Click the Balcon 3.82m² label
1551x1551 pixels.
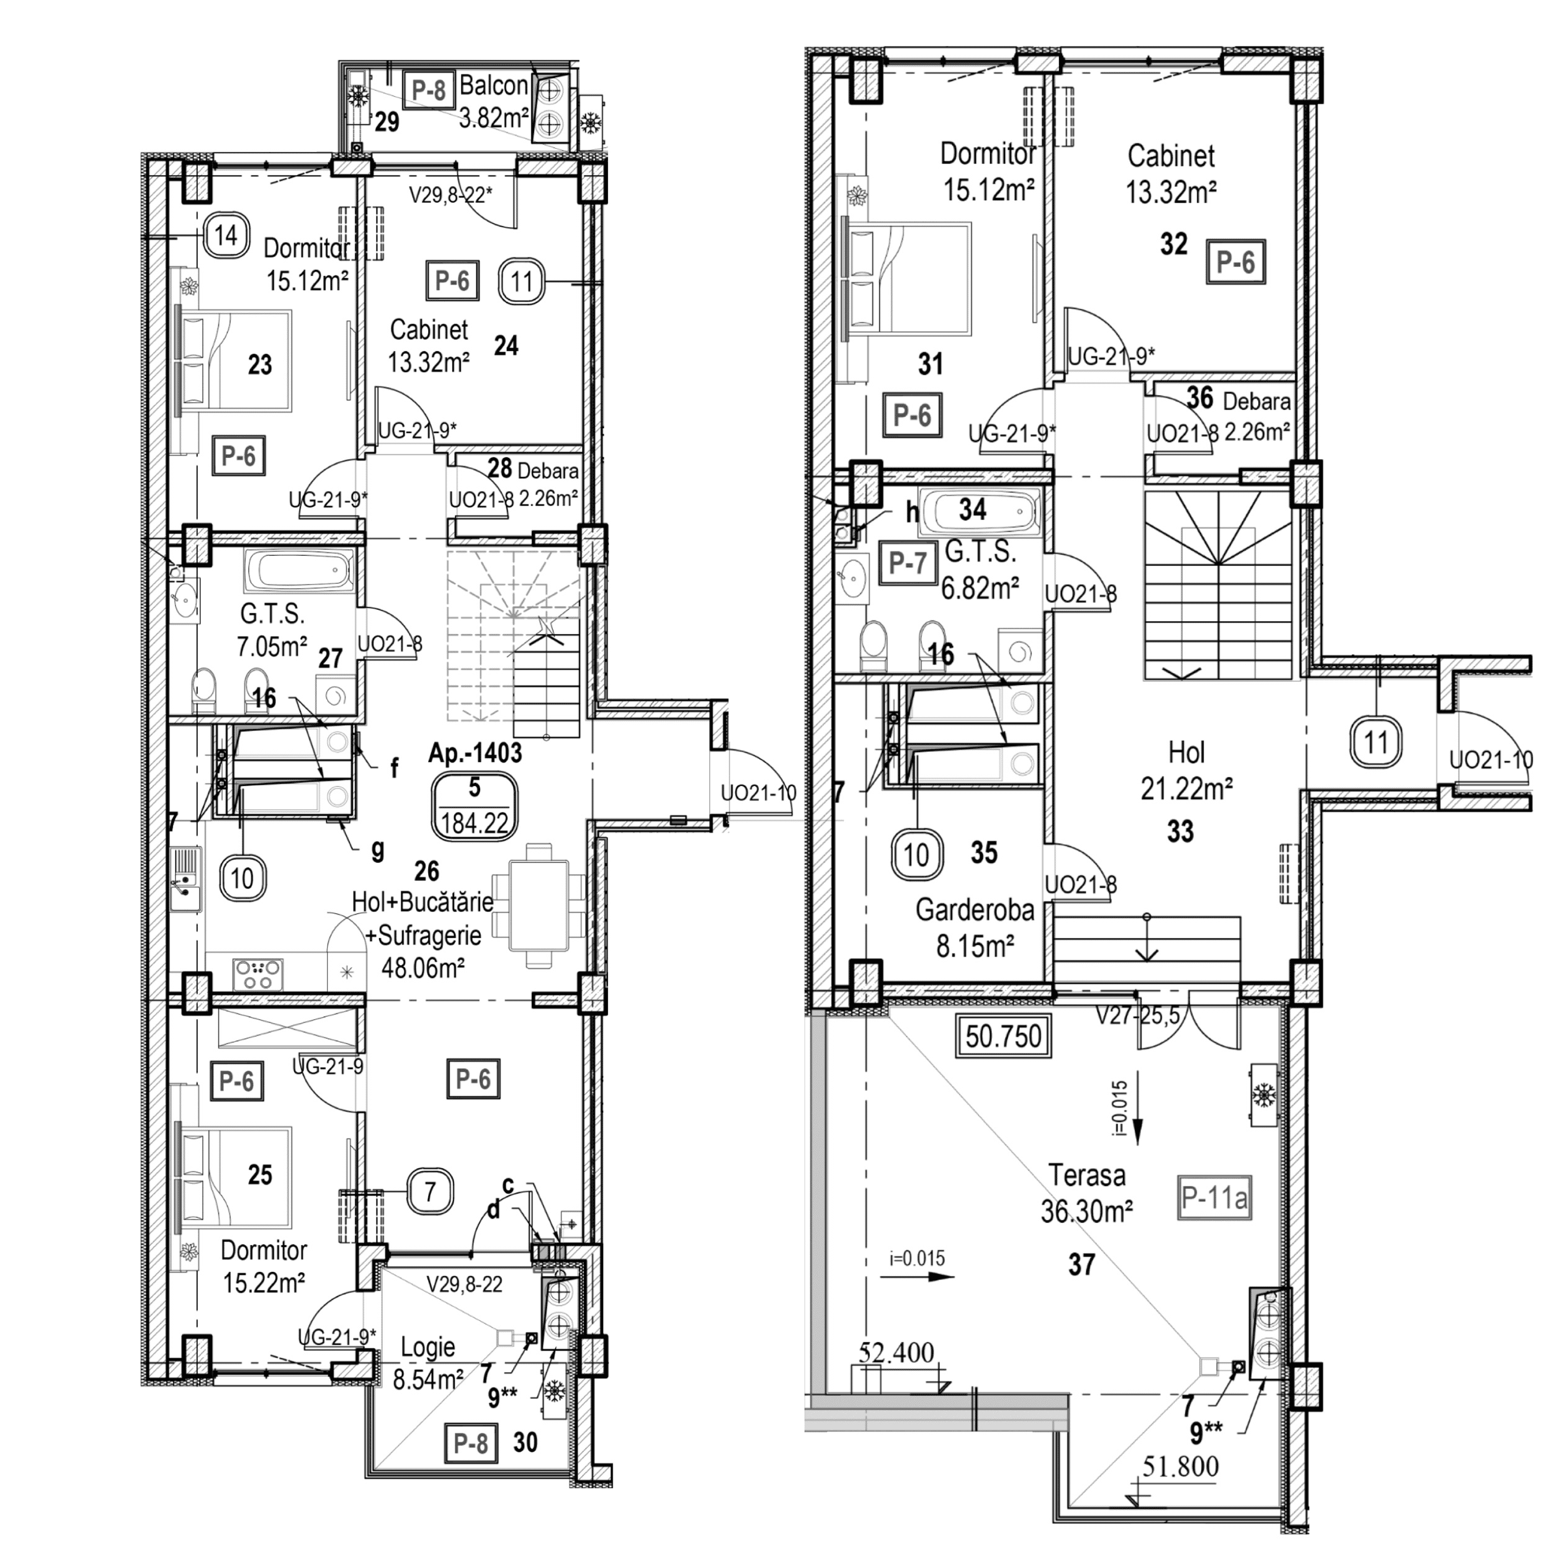click(x=493, y=102)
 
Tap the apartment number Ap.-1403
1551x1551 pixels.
click(x=475, y=753)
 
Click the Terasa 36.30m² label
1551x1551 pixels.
click(x=1087, y=1192)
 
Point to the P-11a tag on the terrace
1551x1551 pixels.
click(x=1215, y=1199)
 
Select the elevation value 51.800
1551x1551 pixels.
click(x=1179, y=1467)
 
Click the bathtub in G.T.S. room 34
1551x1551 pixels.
click(x=980, y=510)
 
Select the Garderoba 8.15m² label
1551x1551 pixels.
click(x=975, y=928)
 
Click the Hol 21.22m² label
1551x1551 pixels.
click(x=1187, y=771)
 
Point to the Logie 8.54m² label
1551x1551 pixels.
click(x=428, y=1363)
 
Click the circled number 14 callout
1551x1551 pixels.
click(x=226, y=236)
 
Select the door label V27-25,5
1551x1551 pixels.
click(x=1138, y=1016)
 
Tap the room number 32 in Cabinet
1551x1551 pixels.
click(x=1173, y=244)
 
